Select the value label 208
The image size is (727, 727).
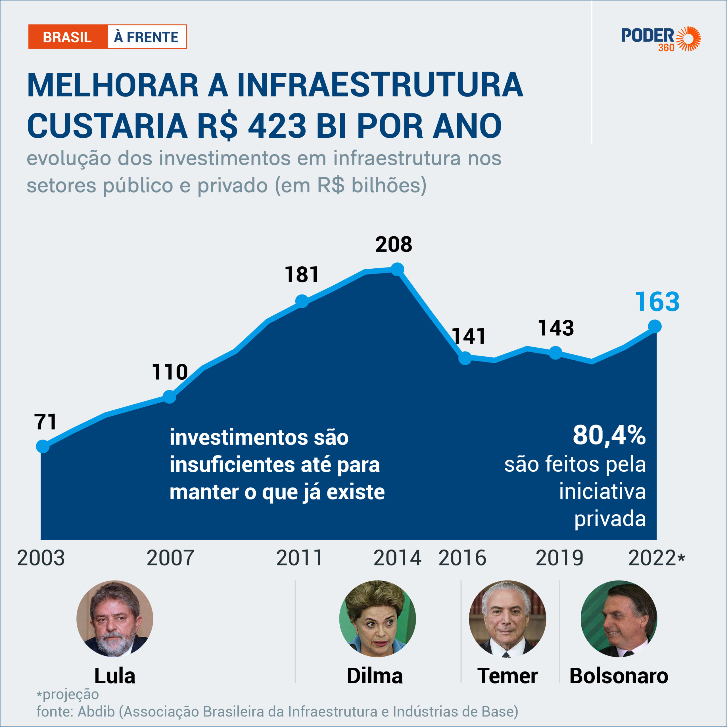click(394, 245)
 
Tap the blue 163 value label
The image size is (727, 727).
click(657, 302)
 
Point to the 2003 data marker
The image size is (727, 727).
click(43, 446)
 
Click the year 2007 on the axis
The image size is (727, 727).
click(170, 558)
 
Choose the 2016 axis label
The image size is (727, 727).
click(462, 558)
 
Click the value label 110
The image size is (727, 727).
click(170, 372)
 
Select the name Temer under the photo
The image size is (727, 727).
click(507, 676)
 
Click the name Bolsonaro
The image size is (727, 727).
click(619, 676)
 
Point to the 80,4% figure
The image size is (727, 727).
click(609, 435)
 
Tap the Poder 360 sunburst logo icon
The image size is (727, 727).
click(688, 38)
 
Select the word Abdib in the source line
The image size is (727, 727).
click(96, 712)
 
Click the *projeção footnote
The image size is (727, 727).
click(68, 694)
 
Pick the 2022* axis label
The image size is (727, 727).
click(656, 558)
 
